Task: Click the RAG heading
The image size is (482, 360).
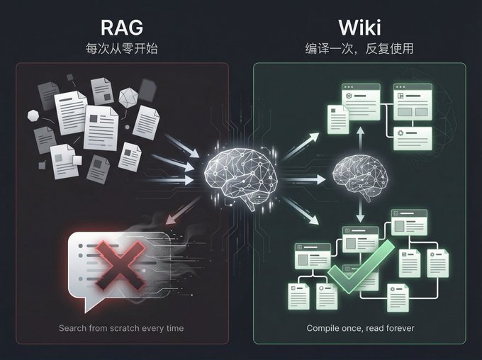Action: point(122,28)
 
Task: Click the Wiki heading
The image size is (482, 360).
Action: point(359,28)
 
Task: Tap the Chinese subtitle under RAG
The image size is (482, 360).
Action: point(122,49)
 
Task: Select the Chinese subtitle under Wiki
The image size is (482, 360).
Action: point(359,49)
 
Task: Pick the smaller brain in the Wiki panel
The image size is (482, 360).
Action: point(360,176)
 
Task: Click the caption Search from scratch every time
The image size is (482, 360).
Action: point(121,328)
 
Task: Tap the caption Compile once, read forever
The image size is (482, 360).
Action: point(360,328)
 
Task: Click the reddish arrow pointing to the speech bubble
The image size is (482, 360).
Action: point(182,211)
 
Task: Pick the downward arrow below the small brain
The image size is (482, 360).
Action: point(360,211)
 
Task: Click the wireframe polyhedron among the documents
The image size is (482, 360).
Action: point(128,98)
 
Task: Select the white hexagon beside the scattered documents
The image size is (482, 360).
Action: point(33,116)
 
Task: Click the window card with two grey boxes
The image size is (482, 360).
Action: point(413,101)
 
